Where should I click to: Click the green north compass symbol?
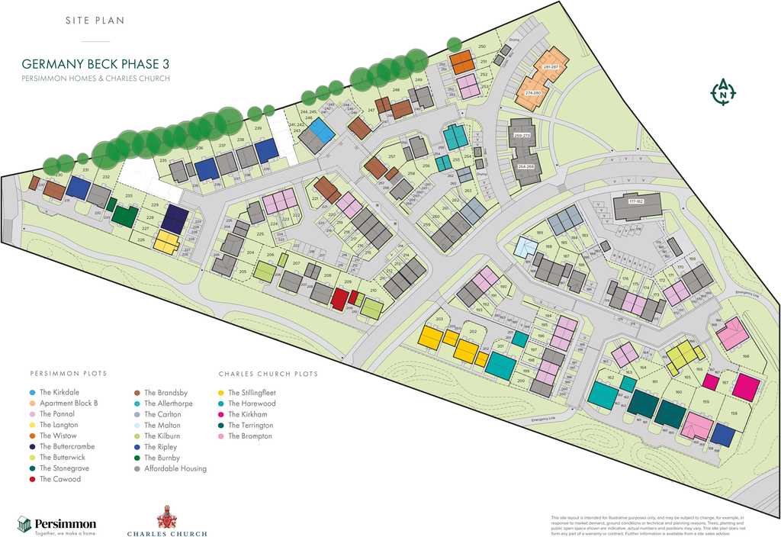point(722,92)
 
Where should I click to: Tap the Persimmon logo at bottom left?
point(57,525)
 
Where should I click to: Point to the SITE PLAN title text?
point(95,21)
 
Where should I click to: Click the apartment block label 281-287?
point(551,67)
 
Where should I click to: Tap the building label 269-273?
point(522,135)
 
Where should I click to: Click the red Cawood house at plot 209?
point(339,299)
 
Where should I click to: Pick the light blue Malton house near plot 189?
point(525,247)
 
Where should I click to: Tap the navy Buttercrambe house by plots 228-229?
point(175,219)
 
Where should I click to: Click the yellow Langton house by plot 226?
point(166,243)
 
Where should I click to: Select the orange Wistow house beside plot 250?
point(462,62)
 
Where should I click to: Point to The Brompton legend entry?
point(246,436)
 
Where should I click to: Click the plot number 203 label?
point(439,320)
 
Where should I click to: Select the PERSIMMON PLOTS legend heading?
point(69,374)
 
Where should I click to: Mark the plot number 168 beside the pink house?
point(745,356)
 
